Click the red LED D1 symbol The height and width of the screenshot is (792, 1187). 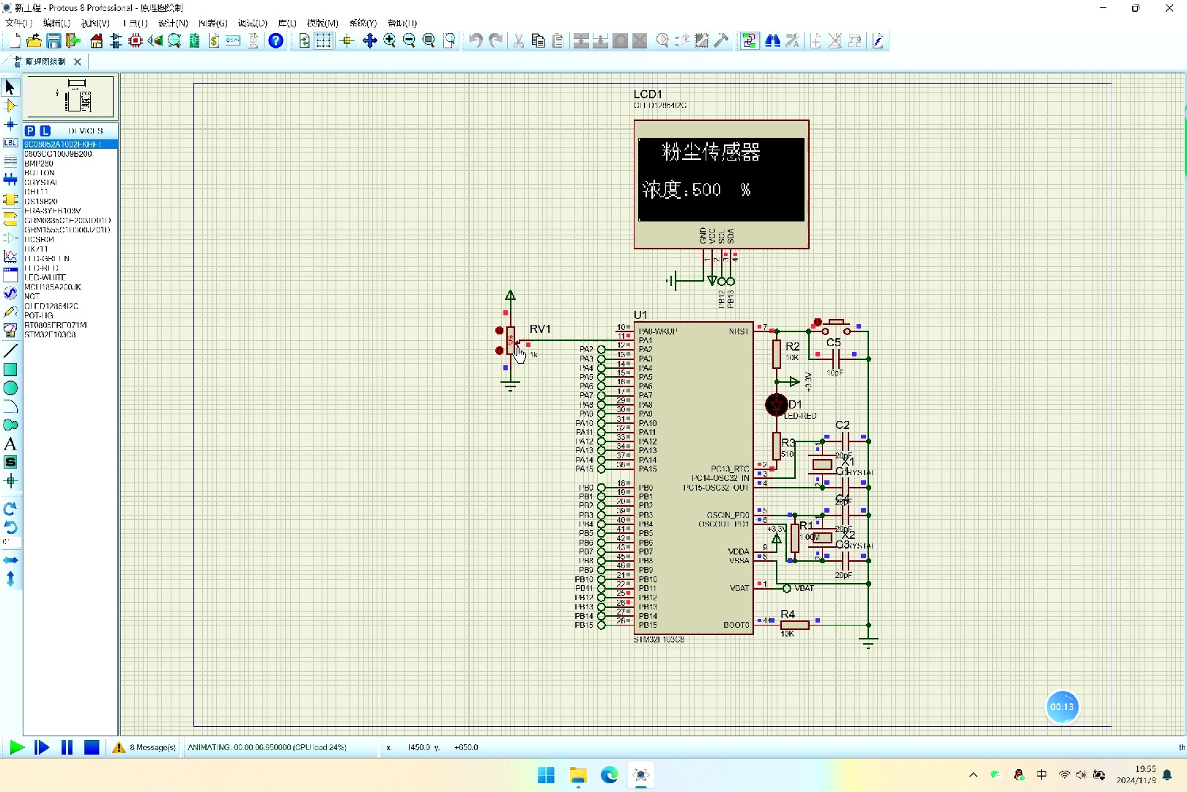point(776,405)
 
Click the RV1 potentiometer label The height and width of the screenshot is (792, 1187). point(540,329)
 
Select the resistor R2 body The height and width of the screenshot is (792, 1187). point(777,354)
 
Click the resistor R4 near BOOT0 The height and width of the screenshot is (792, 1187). point(794,625)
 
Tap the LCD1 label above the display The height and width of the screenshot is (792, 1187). point(648,95)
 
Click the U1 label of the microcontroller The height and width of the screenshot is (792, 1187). point(640,315)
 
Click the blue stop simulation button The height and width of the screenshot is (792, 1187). point(92,747)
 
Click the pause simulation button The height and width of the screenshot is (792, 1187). point(67,747)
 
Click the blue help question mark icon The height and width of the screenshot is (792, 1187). point(276,41)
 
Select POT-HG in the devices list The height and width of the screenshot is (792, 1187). point(39,315)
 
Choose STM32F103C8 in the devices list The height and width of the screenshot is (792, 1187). point(50,334)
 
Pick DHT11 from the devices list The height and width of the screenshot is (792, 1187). point(36,191)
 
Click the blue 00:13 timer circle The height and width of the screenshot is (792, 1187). point(1062,707)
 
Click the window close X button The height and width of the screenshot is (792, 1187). point(1169,8)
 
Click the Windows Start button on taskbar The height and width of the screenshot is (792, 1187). point(546,775)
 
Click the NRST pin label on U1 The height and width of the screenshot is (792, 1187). point(739,331)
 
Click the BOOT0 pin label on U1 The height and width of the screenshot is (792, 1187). point(736,625)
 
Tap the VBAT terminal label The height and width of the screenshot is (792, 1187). point(805,588)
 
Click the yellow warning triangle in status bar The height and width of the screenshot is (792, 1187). point(119,747)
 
